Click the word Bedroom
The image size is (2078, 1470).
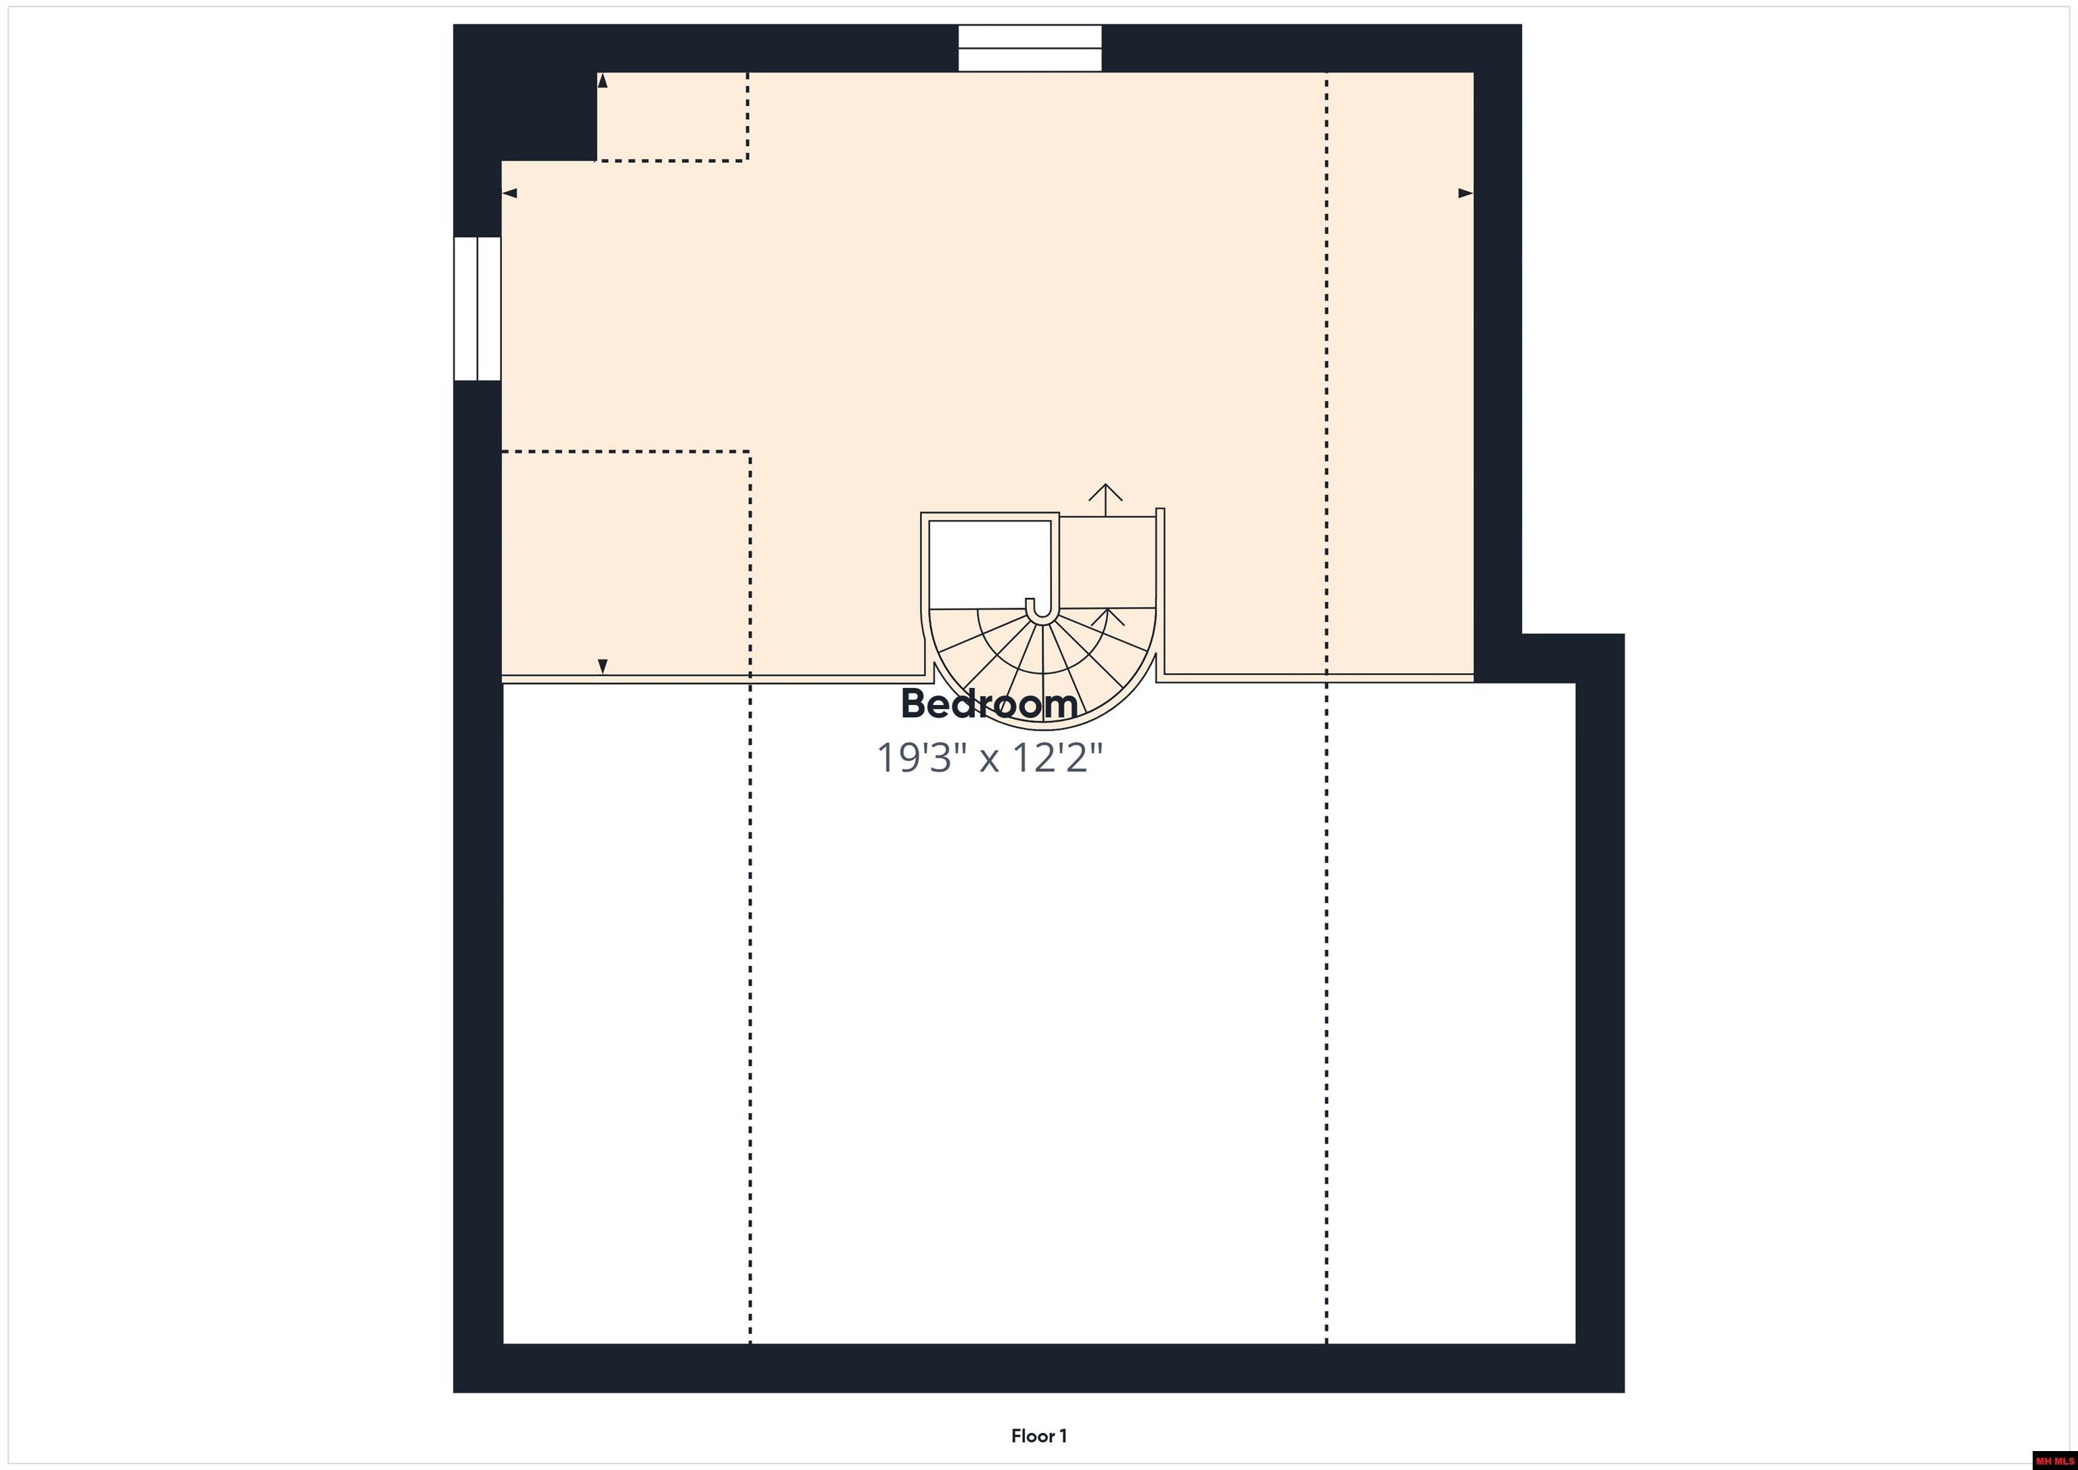pyautogui.click(x=989, y=704)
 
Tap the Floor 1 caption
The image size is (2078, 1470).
pyautogui.click(x=1039, y=1435)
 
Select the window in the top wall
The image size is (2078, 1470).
pyautogui.click(x=1030, y=48)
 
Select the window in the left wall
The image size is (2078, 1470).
pyautogui.click(x=477, y=308)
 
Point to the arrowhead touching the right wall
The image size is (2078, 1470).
pyautogui.click(x=1465, y=193)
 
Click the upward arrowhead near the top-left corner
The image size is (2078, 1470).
pyautogui.click(x=603, y=81)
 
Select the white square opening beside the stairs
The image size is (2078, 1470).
pyautogui.click(x=990, y=564)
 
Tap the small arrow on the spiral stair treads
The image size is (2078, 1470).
pyautogui.click(x=1108, y=619)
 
